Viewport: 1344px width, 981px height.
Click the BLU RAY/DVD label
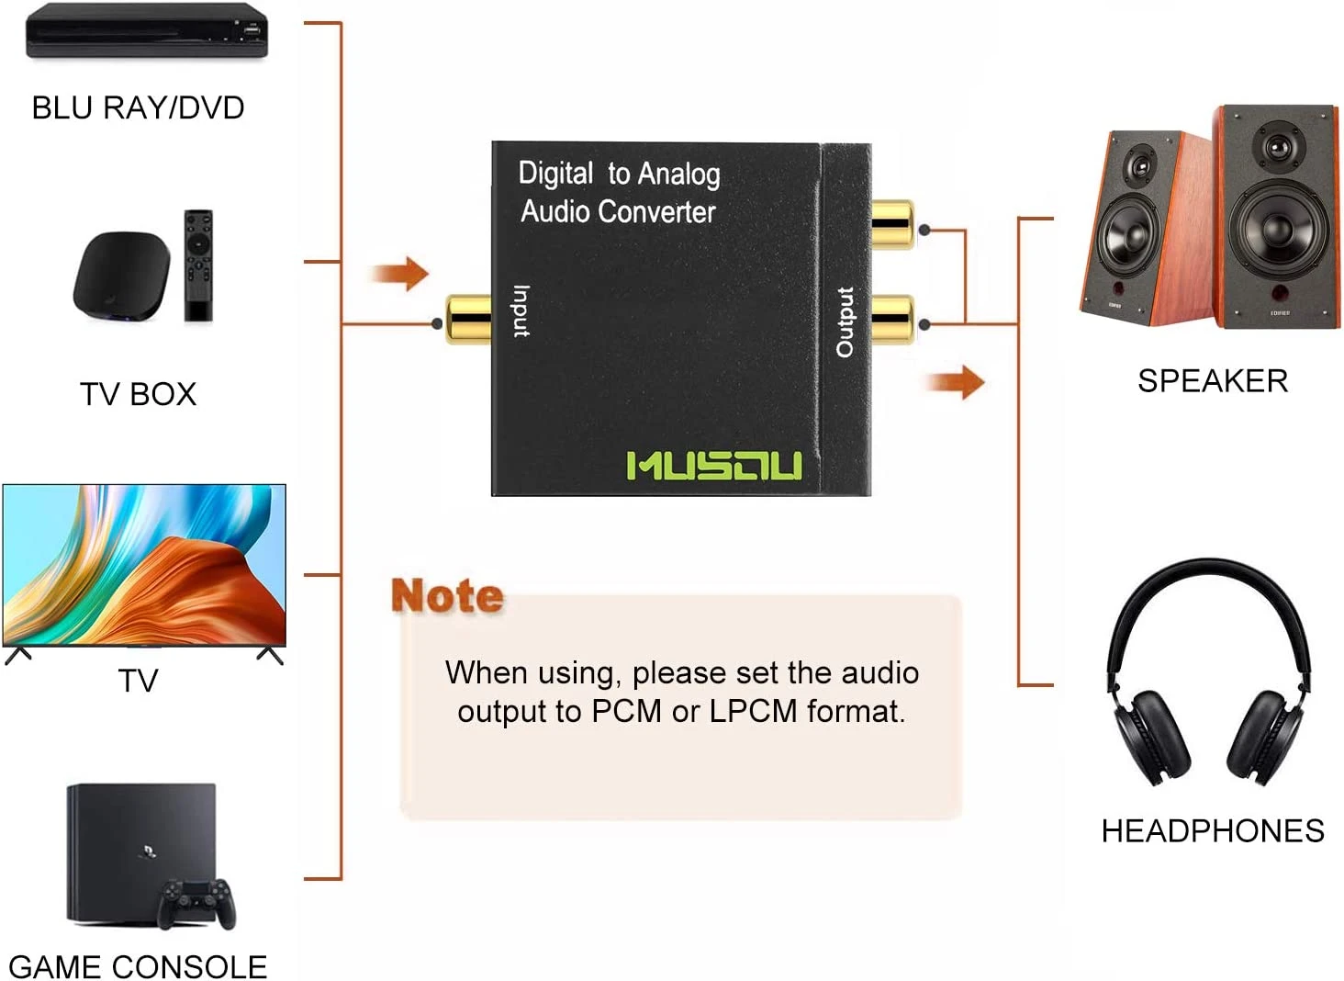pos(138,107)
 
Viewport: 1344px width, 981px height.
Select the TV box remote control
pos(198,265)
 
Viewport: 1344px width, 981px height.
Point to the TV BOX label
pos(138,394)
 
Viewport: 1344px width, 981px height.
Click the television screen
pos(144,564)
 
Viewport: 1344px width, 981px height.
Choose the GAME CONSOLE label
pos(138,966)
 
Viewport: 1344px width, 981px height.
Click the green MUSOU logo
pos(713,466)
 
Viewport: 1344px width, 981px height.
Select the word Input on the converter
pos(521,311)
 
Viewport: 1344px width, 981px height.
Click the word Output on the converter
pos(845,321)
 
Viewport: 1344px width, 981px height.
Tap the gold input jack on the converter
pos(467,320)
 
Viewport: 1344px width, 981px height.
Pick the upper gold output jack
pos(891,224)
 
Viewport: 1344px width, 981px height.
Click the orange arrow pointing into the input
pos(400,273)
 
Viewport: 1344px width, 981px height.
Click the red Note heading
pos(447,596)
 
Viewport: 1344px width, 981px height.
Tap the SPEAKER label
pos(1212,380)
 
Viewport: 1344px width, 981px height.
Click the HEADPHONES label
pos(1212,830)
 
